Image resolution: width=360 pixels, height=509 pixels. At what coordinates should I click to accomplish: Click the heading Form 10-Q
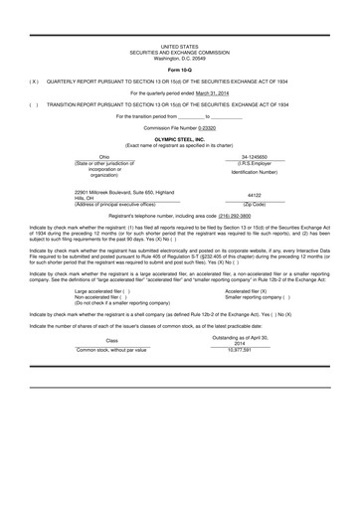click(x=179, y=70)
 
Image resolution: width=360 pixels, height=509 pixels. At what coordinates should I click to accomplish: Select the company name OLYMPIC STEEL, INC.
click(x=179, y=140)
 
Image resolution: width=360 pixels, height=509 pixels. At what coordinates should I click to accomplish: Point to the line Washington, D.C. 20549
click(x=179, y=58)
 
